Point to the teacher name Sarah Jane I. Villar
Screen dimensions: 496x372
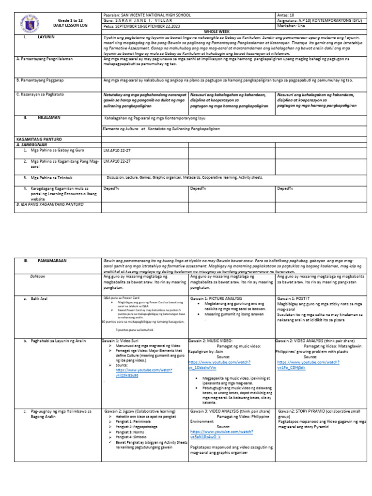pyautogui.click(x=145, y=20)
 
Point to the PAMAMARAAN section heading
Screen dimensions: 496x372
pyautogui.click(x=52, y=261)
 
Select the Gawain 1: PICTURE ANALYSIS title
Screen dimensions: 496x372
pyautogui.click(x=217, y=299)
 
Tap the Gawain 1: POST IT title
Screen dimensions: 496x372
pyautogui.click(x=296, y=299)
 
